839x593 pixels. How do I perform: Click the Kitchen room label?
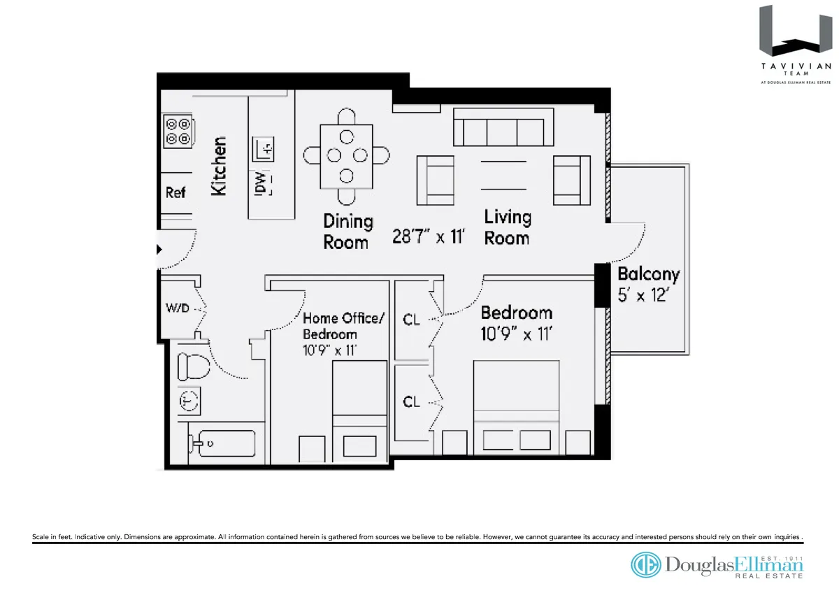219,166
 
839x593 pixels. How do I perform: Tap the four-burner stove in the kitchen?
178,132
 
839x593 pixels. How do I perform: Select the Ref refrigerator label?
175,192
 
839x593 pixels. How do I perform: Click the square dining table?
347,156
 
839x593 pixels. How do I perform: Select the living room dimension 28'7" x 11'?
429,236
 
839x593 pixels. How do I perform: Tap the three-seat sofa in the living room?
499,131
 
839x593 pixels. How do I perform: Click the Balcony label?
648,274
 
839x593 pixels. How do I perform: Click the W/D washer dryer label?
177,308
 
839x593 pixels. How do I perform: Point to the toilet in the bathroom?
189,365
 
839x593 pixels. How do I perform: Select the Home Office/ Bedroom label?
343,326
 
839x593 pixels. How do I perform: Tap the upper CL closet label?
412,320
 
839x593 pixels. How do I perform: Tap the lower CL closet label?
412,401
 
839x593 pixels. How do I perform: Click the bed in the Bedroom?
516,402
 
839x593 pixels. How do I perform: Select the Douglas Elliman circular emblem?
645,564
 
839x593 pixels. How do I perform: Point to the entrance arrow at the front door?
159,248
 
